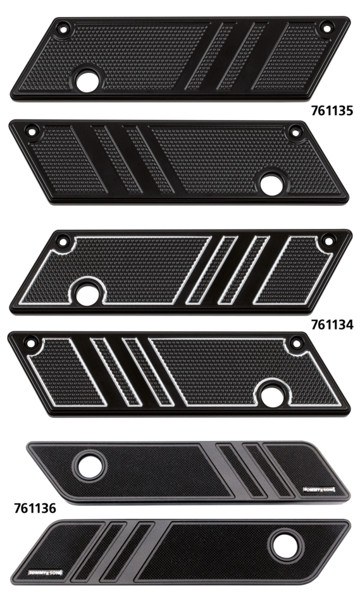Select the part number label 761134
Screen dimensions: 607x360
coord(332,324)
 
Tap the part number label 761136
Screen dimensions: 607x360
coord(35,507)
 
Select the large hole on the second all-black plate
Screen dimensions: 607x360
coord(274,181)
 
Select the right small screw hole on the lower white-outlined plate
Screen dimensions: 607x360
coord(295,345)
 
